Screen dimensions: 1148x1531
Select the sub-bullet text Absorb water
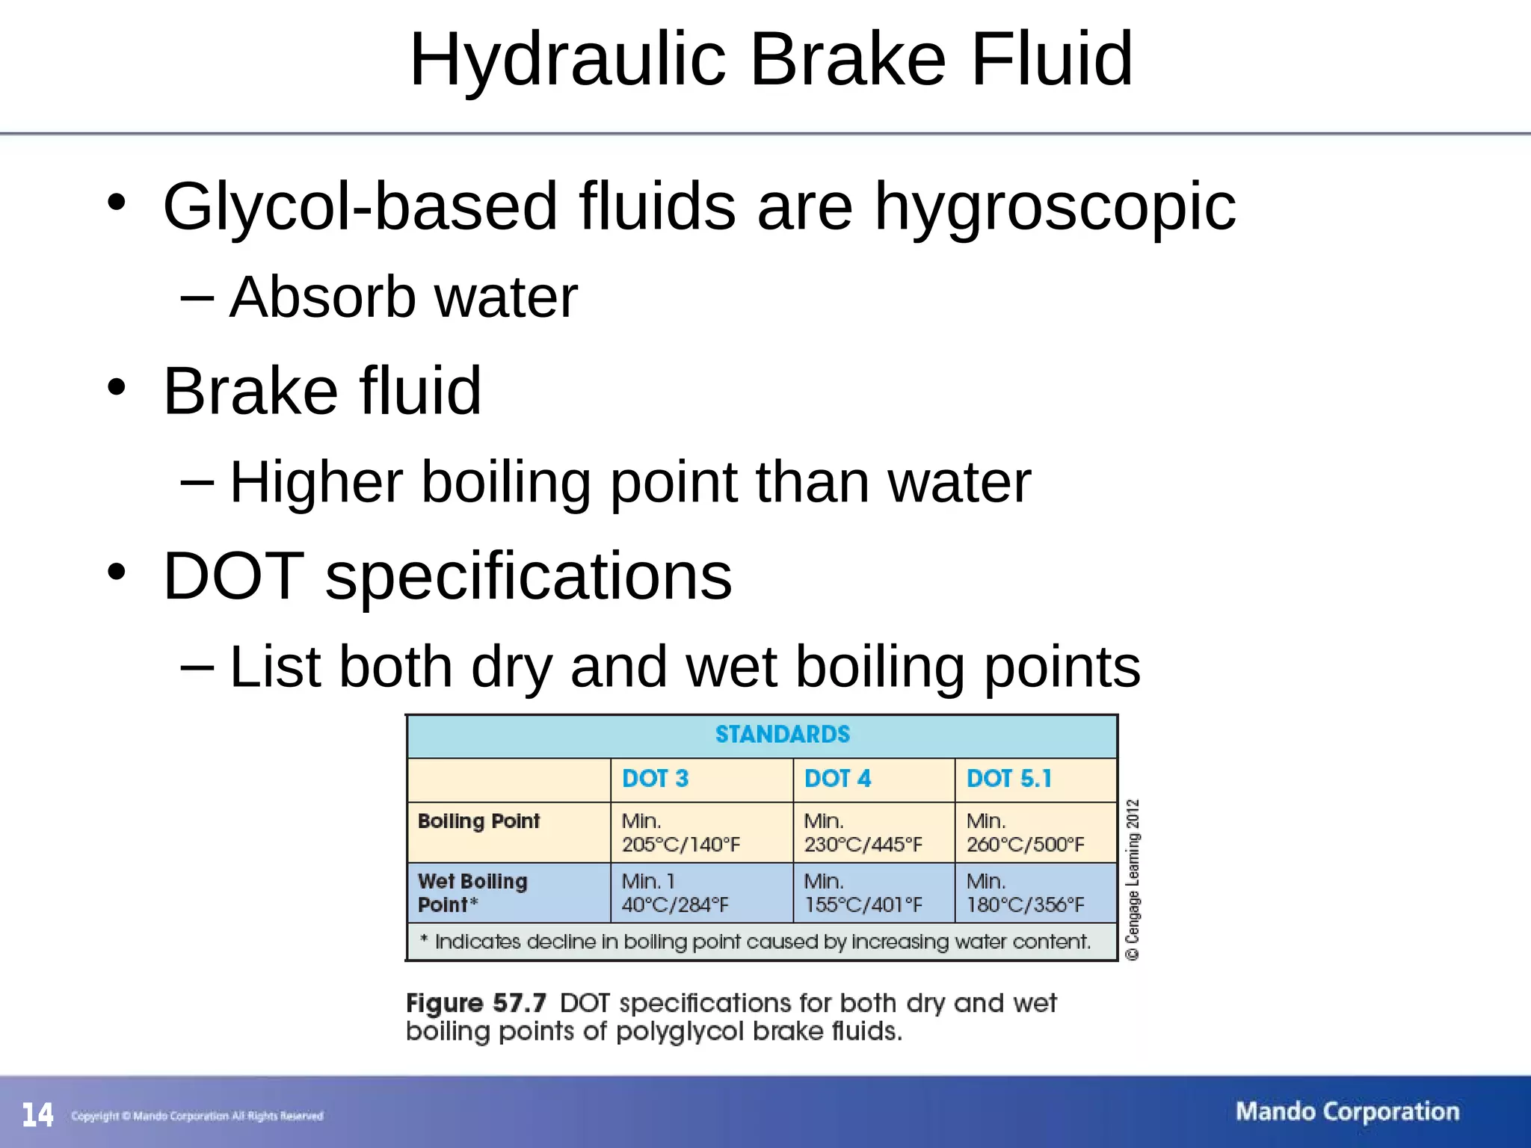pos(404,297)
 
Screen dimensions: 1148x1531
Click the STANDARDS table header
pos(782,735)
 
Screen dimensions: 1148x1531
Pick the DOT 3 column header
pos(655,779)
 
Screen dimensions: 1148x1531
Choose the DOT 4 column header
pos(837,779)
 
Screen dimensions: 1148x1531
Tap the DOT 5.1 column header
pos(1008,779)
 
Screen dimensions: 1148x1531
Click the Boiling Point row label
pos(478,821)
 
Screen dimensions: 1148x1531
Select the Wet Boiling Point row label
pos(472,893)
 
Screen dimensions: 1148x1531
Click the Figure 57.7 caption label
pos(476,1003)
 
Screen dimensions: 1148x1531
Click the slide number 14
pos(37,1115)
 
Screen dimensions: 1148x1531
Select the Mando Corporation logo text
pos(1347,1111)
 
